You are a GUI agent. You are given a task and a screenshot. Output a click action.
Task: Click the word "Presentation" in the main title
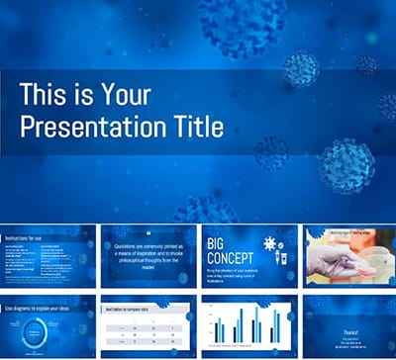coord(96,127)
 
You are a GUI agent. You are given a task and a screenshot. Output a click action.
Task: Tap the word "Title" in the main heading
coord(198,127)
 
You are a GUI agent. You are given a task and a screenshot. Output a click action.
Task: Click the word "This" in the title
coord(52,94)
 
